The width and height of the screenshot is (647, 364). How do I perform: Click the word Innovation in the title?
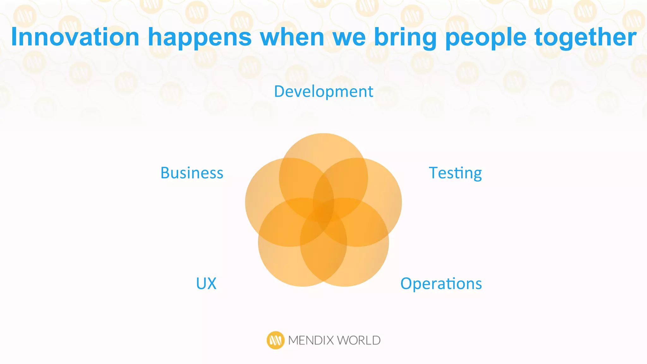(x=75, y=37)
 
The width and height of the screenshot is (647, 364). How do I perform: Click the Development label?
(x=323, y=92)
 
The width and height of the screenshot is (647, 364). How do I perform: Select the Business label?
(x=192, y=173)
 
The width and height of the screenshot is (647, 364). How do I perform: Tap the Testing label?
(x=455, y=173)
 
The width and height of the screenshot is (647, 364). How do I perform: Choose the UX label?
(x=206, y=283)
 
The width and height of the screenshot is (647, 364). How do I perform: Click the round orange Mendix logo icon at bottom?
(x=275, y=340)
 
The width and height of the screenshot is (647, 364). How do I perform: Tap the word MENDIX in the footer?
(x=311, y=341)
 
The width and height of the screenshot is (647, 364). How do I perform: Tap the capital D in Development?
(x=280, y=92)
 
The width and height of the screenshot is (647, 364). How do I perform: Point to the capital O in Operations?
(x=406, y=283)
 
